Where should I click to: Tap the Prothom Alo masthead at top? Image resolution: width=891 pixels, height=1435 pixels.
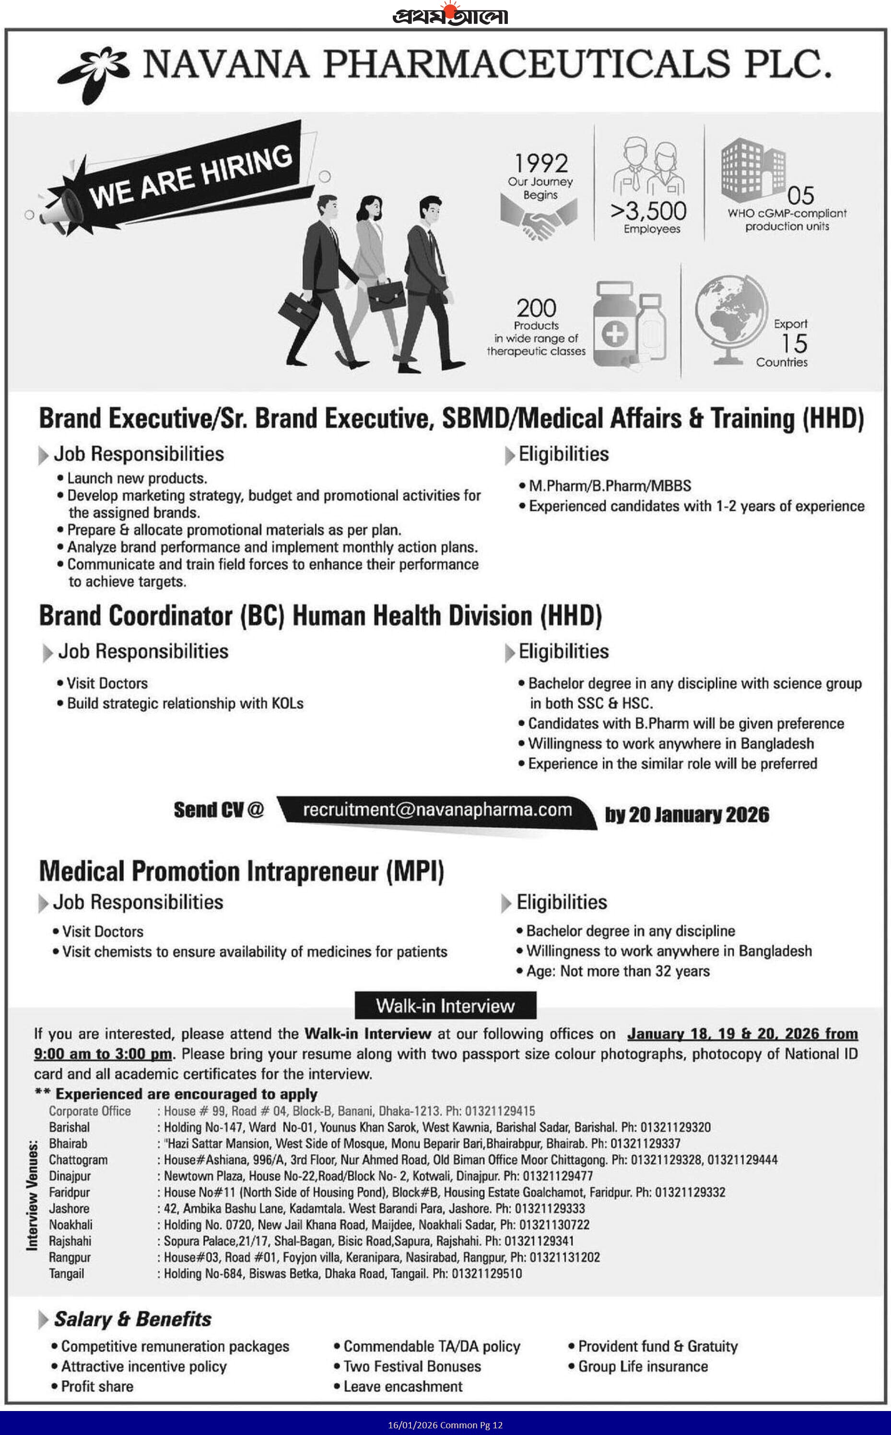tap(450, 15)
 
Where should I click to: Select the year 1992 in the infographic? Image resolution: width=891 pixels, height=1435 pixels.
tap(541, 163)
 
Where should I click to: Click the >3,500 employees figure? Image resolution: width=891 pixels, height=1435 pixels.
tap(649, 211)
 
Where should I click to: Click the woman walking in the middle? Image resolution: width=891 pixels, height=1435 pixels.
tap(374, 271)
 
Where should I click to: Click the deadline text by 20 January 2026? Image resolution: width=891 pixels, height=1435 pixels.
tap(687, 814)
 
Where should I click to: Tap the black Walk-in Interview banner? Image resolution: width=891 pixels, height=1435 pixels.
tap(445, 1006)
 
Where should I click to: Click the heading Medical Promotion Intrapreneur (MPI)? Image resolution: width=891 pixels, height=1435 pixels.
tap(242, 871)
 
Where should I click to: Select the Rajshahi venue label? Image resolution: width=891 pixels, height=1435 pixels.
tap(70, 1241)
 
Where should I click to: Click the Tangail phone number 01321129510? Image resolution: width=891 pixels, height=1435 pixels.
tap(486, 1273)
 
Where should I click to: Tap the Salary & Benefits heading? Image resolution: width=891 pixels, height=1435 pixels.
tap(132, 1319)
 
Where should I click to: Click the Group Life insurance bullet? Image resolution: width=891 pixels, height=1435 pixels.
tap(642, 1366)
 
